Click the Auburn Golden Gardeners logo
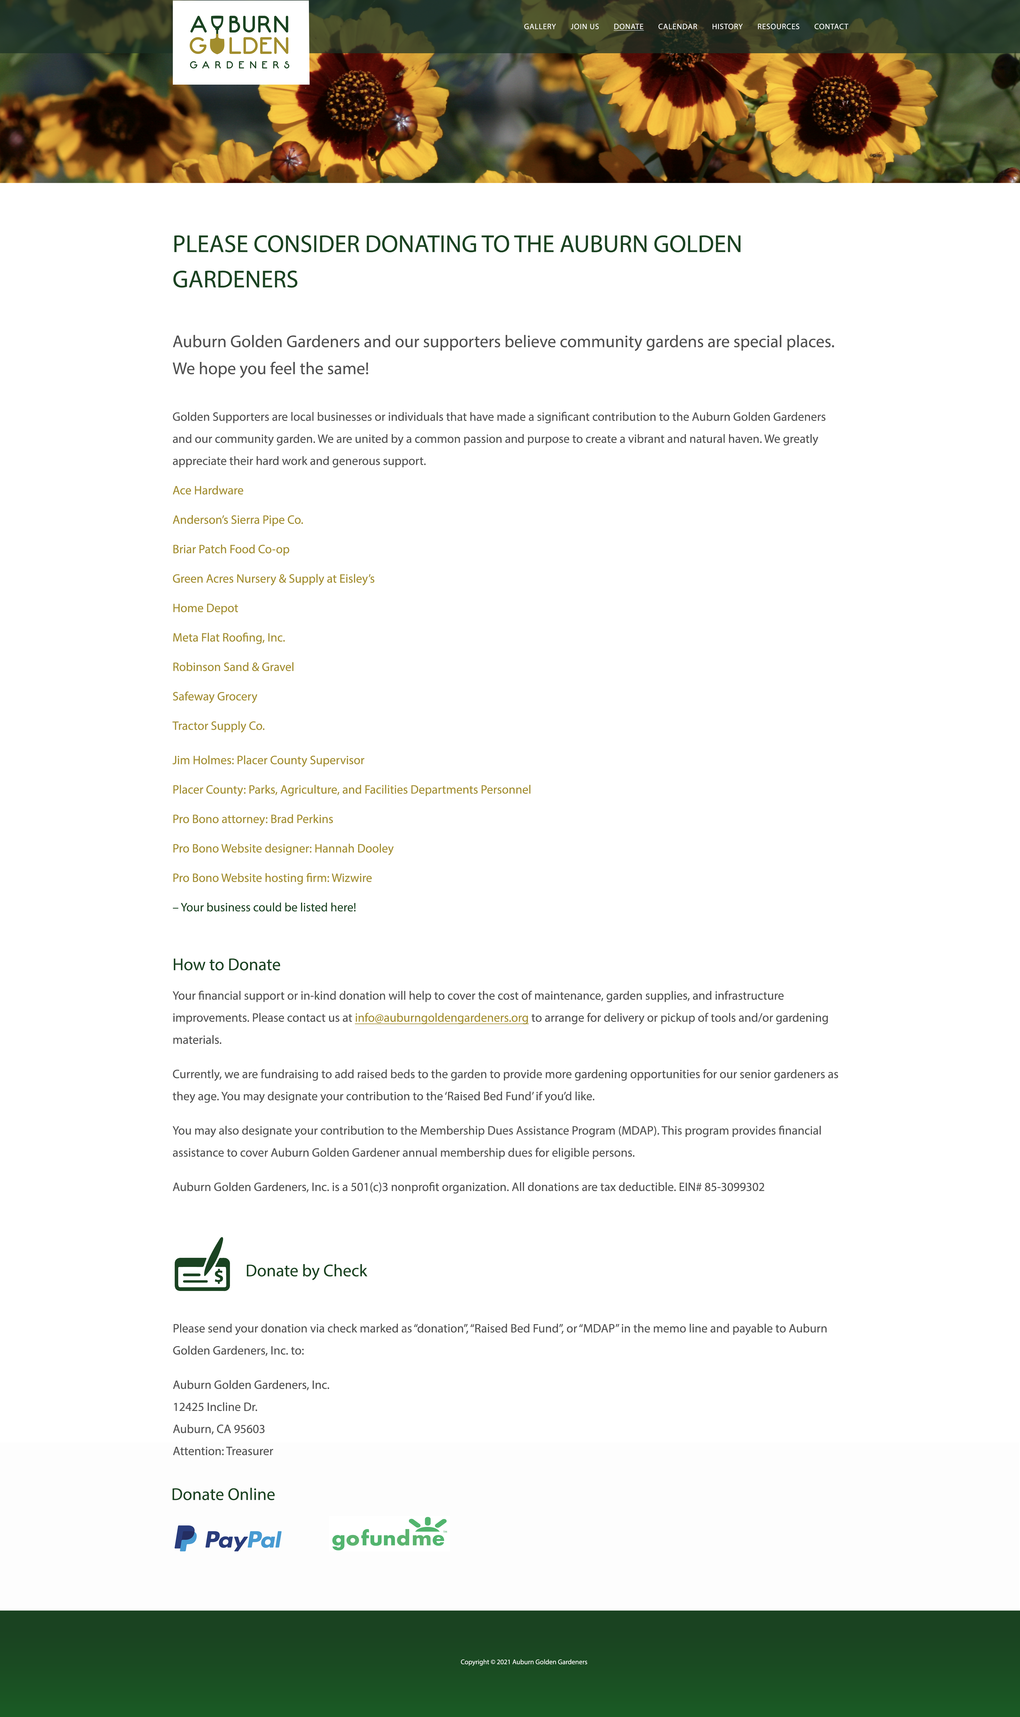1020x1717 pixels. pyautogui.click(x=240, y=43)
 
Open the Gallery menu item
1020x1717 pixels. pyautogui.click(x=540, y=27)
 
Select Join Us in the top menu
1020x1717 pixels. pyautogui.click(x=584, y=27)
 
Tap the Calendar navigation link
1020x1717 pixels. pyautogui.click(x=677, y=27)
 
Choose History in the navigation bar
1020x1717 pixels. pyautogui.click(x=727, y=27)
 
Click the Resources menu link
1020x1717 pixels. pyautogui.click(x=778, y=27)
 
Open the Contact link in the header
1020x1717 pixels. pyautogui.click(x=830, y=27)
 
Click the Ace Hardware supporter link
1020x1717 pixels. pyautogui.click(x=208, y=490)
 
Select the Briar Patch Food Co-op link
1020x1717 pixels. pyautogui.click(x=231, y=549)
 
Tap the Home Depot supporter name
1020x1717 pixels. pyautogui.click(x=205, y=608)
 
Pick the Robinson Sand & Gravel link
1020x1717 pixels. pyautogui.click(x=233, y=667)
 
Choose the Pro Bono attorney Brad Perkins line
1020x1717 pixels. pyautogui.click(x=252, y=819)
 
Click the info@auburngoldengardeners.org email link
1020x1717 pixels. pyautogui.click(x=441, y=1018)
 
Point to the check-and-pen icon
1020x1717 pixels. pyautogui.click(x=202, y=1265)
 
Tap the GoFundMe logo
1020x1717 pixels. pyautogui.click(x=389, y=1534)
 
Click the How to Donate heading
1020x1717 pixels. pyautogui.click(x=226, y=965)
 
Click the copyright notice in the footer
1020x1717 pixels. pyautogui.click(x=524, y=1662)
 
